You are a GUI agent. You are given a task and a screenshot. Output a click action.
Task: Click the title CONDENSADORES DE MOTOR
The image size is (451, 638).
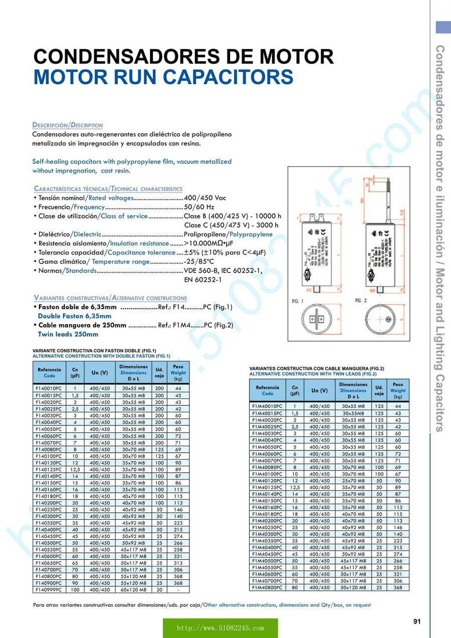point(183,57)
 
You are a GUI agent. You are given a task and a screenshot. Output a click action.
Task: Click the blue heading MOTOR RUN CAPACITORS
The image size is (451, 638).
point(163,78)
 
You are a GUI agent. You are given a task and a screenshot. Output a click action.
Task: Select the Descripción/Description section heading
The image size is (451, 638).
point(68,125)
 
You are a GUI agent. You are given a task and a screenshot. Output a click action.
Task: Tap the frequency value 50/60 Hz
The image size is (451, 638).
point(199,207)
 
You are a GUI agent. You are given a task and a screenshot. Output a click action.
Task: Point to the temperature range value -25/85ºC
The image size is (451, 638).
point(199,262)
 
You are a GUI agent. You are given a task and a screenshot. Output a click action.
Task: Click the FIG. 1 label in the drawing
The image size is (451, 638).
point(298,300)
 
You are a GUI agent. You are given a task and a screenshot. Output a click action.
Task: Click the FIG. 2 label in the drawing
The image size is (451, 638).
point(362,300)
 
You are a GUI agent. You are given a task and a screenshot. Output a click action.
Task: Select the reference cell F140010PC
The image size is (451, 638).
point(49,388)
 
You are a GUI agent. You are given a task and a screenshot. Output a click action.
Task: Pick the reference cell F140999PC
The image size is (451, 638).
point(49,590)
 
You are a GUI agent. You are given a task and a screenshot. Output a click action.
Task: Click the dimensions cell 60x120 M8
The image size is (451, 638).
point(133,590)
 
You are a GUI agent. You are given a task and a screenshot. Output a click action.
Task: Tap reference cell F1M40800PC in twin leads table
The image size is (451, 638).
point(267,587)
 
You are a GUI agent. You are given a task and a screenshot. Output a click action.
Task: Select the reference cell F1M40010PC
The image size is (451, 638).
point(267,406)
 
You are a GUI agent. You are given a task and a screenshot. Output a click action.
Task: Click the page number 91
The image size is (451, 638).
point(417,621)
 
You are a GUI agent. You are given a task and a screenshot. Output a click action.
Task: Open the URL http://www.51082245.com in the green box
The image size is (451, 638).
point(220,628)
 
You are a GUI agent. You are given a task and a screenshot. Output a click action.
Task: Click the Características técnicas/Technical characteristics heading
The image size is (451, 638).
point(108,189)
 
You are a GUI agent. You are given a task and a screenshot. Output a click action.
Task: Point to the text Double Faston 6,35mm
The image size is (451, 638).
point(75,316)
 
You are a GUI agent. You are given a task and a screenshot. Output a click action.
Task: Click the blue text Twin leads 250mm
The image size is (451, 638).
point(68,334)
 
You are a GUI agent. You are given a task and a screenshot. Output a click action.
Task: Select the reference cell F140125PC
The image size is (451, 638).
point(49,469)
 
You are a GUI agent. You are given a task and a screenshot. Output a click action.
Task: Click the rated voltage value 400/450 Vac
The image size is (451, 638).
point(205,198)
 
